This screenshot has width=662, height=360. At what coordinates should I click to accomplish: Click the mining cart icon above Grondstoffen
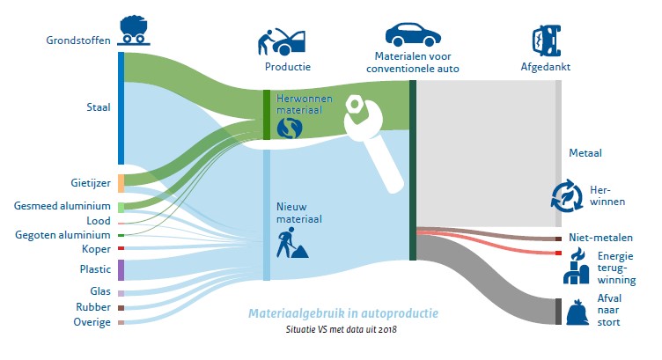tap(134, 30)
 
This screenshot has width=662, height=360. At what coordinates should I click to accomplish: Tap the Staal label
tap(99, 107)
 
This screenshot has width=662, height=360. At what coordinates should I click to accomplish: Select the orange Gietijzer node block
tap(121, 183)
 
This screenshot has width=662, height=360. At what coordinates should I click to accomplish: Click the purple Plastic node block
tap(121, 270)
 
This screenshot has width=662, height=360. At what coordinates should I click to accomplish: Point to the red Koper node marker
tap(121, 248)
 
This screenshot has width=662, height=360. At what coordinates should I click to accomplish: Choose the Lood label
tap(99, 221)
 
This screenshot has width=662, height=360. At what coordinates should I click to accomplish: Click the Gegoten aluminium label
tap(63, 235)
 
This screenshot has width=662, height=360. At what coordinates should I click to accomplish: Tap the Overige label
tap(92, 322)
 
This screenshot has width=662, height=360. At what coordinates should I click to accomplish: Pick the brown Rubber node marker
tap(121, 308)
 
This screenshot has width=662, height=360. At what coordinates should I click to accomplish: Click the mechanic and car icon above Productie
tap(282, 41)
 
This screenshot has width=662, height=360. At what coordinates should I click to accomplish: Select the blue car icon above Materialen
tap(413, 34)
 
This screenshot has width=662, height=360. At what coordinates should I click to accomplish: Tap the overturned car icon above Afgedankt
tap(547, 40)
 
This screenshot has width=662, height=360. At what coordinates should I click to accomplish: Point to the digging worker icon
tap(292, 243)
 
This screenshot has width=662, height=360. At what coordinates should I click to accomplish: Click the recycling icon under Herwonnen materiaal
tap(290, 128)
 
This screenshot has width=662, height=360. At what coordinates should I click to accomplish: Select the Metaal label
tap(585, 153)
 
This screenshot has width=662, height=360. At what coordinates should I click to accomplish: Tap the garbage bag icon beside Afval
tap(577, 312)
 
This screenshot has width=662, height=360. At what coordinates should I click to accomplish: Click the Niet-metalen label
tap(600, 238)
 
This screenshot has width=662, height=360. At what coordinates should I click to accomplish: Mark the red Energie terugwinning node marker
tap(558, 253)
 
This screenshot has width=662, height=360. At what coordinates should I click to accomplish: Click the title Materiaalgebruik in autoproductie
tap(342, 313)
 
